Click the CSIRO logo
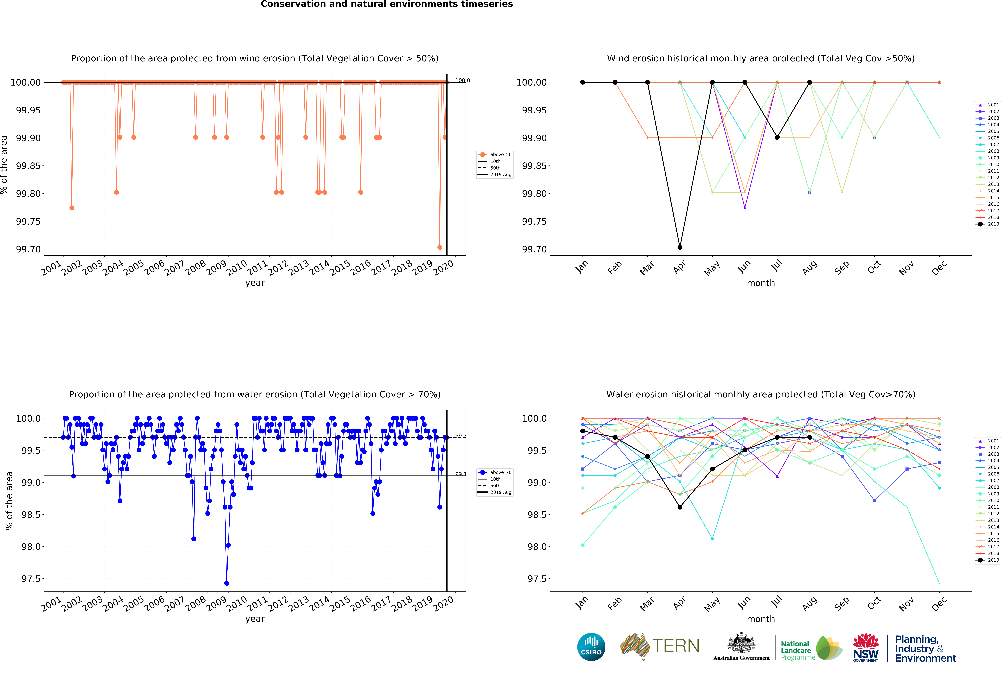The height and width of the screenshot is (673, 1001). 591,647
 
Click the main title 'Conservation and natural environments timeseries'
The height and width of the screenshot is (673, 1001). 387,4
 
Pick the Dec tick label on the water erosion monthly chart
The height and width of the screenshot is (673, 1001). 939,604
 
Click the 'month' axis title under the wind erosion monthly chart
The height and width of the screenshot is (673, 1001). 761,283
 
